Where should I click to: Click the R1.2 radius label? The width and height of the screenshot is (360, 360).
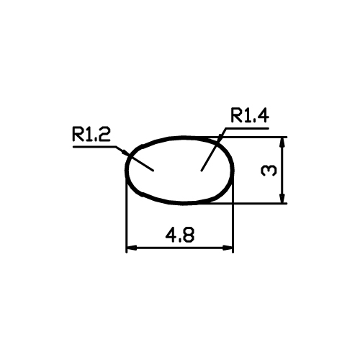(x=91, y=134)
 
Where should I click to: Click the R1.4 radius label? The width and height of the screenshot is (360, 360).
(x=250, y=116)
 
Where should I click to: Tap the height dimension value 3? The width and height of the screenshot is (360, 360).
(x=269, y=171)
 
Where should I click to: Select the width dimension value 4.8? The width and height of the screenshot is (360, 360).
(x=180, y=235)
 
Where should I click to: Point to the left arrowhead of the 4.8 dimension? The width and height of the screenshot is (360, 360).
(x=132, y=248)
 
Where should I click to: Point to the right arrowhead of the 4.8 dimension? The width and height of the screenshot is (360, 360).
(x=228, y=248)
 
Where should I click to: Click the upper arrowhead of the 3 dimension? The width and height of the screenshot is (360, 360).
(x=282, y=143)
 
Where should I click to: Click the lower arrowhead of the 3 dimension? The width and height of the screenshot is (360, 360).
(x=282, y=198)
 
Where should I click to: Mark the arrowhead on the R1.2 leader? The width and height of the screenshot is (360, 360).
(x=125, y=152)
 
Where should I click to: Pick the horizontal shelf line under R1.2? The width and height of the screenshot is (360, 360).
(x=94, y=146)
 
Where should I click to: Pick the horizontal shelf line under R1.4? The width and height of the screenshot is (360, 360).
(x=247, y=128)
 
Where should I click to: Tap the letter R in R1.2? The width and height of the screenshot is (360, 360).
(x=77, y=135)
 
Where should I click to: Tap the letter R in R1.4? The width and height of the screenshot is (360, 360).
(x=236, y=116)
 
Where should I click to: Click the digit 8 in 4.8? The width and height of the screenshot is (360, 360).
(x=189, y=235)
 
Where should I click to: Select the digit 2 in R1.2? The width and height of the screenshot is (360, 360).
(x=105, y=135)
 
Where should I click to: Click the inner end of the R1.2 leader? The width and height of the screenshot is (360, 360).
(x=153, y=171)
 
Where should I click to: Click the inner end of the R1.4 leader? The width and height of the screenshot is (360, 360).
(x=201, y=171)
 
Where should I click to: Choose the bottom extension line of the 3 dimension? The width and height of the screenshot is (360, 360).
(x=247, y=204)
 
